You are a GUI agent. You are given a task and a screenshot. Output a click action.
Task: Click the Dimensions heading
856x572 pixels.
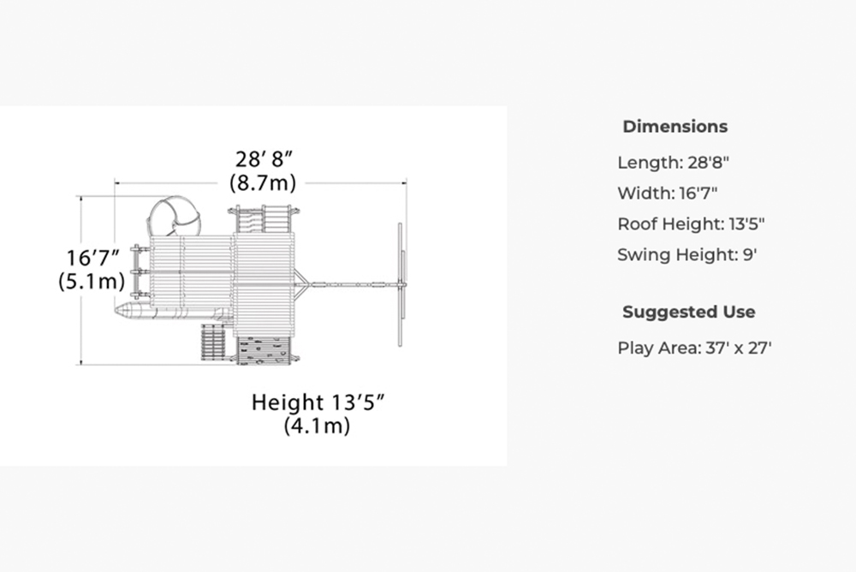[675, 127]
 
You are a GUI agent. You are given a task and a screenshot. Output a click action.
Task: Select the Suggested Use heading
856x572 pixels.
[689, 312]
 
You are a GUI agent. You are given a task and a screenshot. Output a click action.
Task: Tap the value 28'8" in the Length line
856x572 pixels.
[709, 163]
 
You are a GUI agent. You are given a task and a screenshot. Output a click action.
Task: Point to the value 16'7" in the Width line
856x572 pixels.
[698, 194]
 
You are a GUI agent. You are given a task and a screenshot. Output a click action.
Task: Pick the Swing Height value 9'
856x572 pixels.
[750, 254]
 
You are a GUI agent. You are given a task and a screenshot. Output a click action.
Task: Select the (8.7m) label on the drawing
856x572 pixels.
[263, 182]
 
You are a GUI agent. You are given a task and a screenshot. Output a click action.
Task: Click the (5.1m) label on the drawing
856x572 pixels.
[92, 281]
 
